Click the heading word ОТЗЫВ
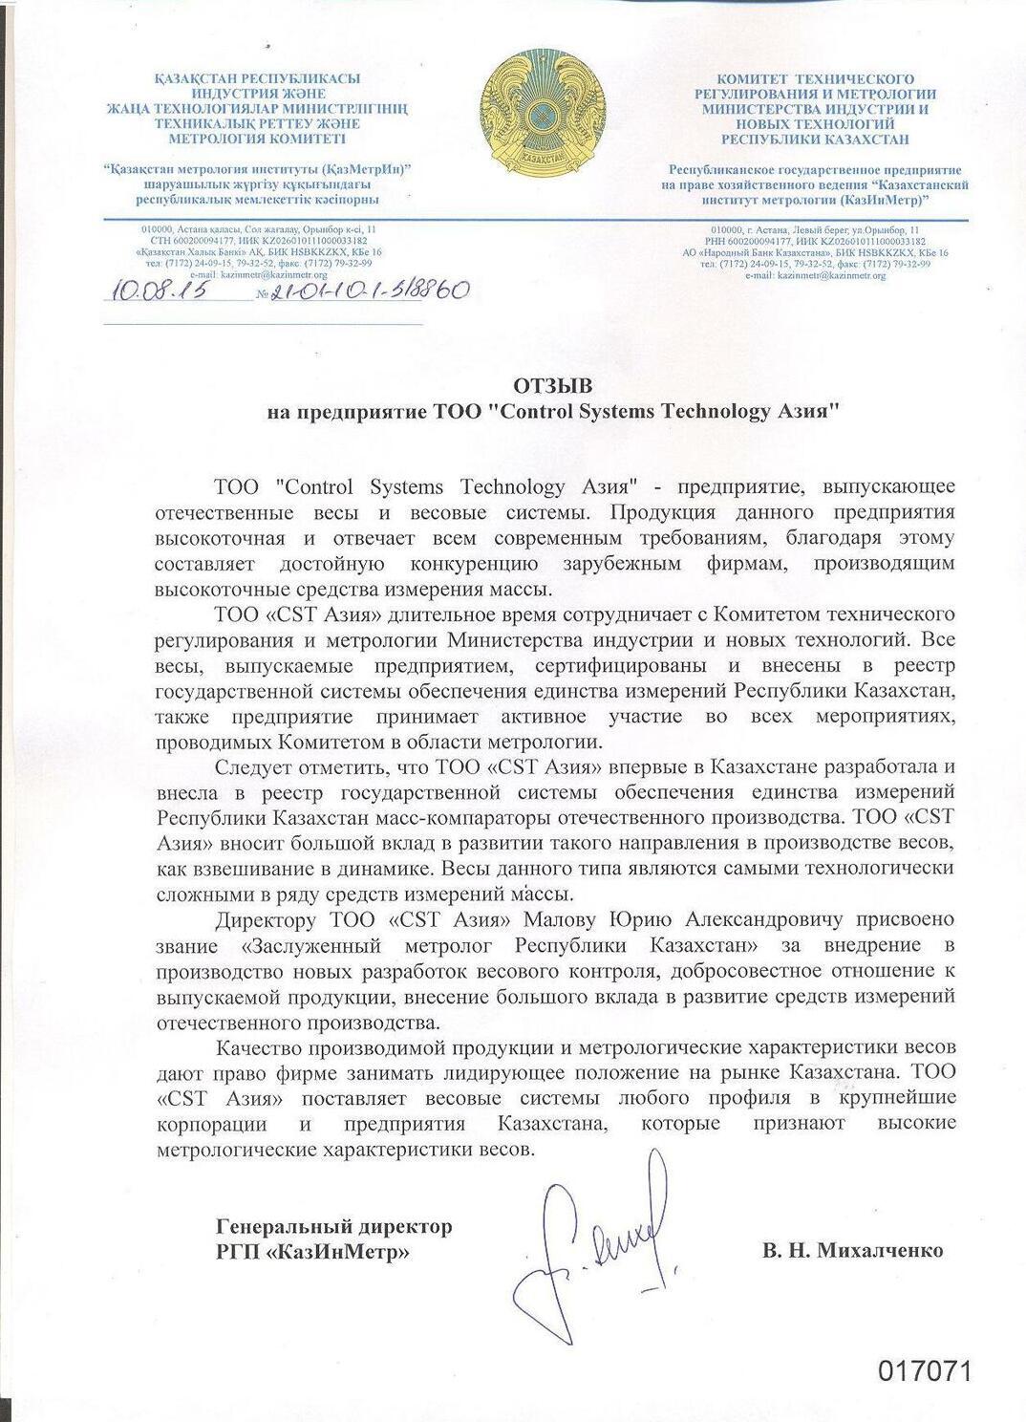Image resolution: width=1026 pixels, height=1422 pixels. point(553,386)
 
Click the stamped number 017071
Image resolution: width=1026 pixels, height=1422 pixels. point(925,1371)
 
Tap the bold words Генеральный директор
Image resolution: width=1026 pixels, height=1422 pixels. point(334,1226)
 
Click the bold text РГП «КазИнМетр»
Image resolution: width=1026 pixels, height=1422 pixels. point(313,1250)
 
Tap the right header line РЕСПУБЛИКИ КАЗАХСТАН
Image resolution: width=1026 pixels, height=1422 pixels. point(815,139)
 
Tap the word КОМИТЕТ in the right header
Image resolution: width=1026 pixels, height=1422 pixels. point(756,79)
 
